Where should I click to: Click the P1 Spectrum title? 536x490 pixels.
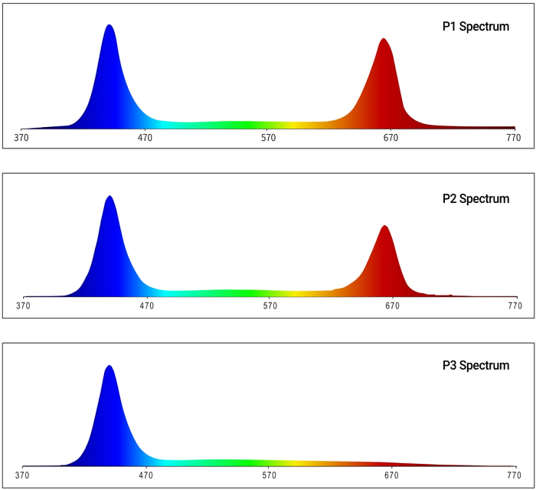click(476, 27)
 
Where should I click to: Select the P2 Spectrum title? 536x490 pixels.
click(476, 199)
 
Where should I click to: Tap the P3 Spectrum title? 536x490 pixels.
click(476, 365)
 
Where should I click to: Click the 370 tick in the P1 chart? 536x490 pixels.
click(21, 138)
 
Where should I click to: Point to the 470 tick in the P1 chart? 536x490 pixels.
click(145, 138)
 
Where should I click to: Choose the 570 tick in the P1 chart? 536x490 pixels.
click(268, 138)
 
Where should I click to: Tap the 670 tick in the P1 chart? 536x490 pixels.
click(391, 138)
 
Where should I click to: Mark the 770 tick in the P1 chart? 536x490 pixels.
click(514, 138)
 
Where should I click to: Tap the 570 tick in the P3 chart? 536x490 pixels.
click(268, 475)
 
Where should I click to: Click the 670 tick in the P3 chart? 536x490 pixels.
click(391, 475)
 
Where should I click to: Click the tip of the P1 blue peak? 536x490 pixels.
click(109, 24)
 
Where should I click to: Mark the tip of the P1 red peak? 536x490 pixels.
click(384, 38)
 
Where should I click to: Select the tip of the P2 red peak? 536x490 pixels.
click(384, 226)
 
